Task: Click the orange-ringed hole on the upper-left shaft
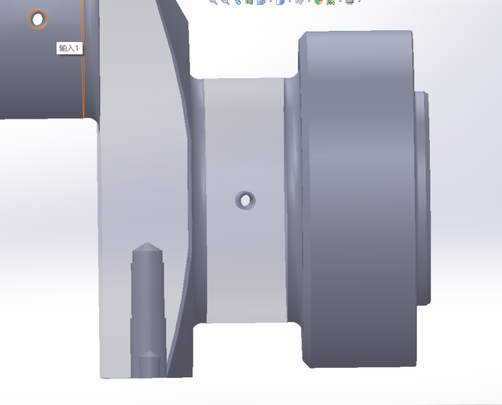[x=38, y=19]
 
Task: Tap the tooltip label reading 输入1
[x=69, y=48]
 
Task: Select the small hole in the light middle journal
[x=245, y=201]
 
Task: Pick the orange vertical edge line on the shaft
[x=83, y=59]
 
